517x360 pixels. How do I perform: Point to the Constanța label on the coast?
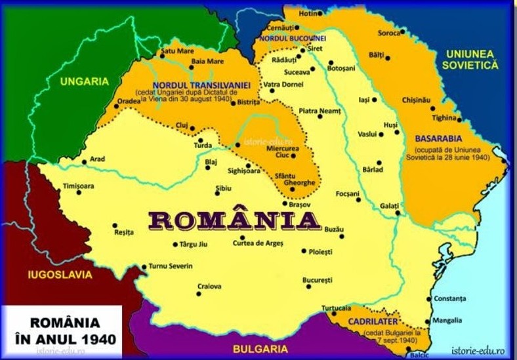[450, 299]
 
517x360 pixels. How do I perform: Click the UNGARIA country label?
[83, 81]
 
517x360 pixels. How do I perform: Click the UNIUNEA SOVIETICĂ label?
[470, 59]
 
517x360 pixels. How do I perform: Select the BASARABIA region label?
[438, 138]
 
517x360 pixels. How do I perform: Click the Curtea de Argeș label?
[258, 243]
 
